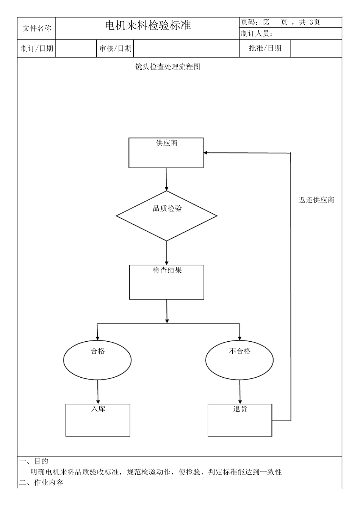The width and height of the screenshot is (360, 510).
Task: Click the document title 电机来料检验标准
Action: coord(148,25)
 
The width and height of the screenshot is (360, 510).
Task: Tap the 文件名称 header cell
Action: coord(37,28)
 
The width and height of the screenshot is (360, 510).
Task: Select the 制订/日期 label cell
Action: coord(37,49)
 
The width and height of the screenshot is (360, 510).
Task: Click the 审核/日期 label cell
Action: coord(115,49)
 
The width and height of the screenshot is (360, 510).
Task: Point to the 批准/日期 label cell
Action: coord(265,48)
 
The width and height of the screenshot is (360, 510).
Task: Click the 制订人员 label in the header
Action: coord(257,34)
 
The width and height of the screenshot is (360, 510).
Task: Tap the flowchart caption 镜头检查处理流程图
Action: coord(168,67)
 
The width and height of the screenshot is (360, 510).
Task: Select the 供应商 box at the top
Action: coord(166,153)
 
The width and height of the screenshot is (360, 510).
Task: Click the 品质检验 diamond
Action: coord(167,216)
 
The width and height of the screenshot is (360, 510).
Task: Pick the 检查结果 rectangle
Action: coord(167,282)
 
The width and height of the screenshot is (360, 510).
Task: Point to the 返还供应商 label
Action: coord(316,200)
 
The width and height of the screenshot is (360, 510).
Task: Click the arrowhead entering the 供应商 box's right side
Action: coord(205,153)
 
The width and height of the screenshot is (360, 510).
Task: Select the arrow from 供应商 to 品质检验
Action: coord(166,179)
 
